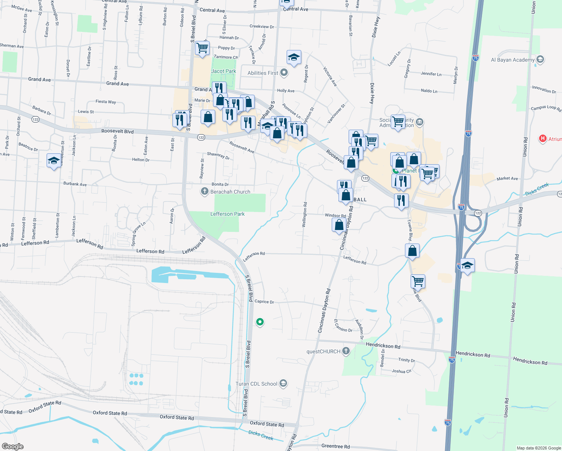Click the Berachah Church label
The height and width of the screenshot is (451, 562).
pyautogui.click(x=230, y=192)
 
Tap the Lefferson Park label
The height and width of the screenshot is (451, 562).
pyautogui.click(x=227, y=214)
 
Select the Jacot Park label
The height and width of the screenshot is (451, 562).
pyautogui.click(x=224, y=71)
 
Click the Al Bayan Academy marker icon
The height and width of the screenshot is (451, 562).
pyautogui.click(x=540, y=59)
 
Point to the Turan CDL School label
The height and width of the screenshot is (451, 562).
pyautogui.click(x=256, y=384)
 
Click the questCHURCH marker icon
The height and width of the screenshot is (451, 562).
pyautogui.click(x=346, y=351)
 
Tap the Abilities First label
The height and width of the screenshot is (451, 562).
pyautogui.click(x=263, y=73)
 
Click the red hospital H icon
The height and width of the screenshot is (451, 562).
pyautogui.click(x=542, y=139)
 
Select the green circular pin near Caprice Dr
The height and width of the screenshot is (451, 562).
pyautogui.click(x=260, y=322)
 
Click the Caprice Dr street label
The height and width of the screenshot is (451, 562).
pyautogui.click(x=264, y=301)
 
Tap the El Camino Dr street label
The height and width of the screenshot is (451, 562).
pyautogui.click(x=343, y=325)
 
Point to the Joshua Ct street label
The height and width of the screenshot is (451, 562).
pyautogui.click(x=401, y=371)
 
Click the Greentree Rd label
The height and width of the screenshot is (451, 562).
pyautogui.click(x=335, y=446)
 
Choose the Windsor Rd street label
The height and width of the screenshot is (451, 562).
pyautogui.click(x=335, y=216)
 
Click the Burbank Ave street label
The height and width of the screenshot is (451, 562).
pyautogui.click(x=75, y=184)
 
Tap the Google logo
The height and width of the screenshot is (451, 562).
pyautogui.click(x=12, y=446)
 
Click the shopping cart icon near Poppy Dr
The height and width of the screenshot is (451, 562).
pyautogui.click(x=202, y=48)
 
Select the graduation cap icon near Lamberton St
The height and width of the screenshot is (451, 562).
pyautogui.click(x=54, y=160)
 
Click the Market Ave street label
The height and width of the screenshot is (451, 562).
pyautogui.click(x=507, y=179)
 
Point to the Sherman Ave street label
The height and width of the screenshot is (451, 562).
pyautogui.click(x=12, y=46)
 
